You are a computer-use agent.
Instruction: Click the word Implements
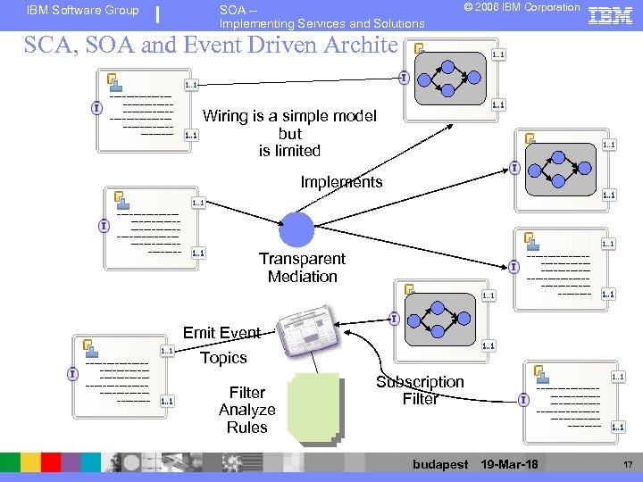pos(341,182)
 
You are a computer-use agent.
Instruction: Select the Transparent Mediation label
pos(302,267)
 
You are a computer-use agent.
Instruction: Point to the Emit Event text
pos(221,333)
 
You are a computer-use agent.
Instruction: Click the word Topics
pos(223,358)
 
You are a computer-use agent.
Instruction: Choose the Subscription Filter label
pos(420,390)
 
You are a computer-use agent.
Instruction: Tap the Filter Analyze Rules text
pos(247,410)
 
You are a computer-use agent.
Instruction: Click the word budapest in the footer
pos(440,464)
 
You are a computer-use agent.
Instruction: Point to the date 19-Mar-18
pos(509,464)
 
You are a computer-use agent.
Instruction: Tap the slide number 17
pos(627,464)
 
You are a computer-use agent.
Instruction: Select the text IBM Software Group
pos(83,11)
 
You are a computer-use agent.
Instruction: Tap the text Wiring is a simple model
pos(290,116)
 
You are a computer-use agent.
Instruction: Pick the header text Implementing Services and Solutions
pos(322,23)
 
